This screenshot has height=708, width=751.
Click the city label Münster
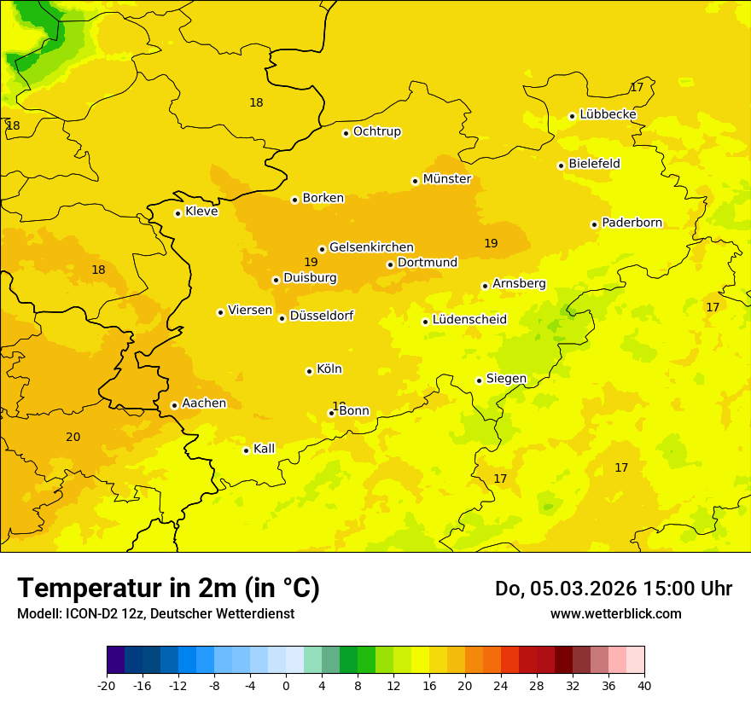pyautogui.click(x=447, y=179)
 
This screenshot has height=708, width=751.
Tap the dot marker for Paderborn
pyautogui.click(x=594, y=224)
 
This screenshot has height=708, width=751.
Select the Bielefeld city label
pyautogui.click(x=594, y=164)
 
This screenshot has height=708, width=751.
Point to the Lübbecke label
pyautogui.click(x=608, y=114)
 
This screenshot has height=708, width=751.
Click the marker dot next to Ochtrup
pyautogui.click(x=346, y=133)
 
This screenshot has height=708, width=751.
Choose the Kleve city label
pyautogui.click(x=201, y=212)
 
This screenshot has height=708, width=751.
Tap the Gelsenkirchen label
pyautogui.click(x=371, y=247)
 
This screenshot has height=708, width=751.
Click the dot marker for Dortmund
pyautogui.click(x=390, y=264)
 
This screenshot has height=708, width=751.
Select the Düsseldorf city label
pyautogui.click(x=322, y=316)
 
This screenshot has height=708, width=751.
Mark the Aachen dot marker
pyautogui.click(x=174, y=406)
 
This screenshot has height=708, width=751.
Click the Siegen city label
pyautogui.click(x=506, y=379)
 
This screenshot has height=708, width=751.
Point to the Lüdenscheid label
pyautogui.click(x=469, y=320)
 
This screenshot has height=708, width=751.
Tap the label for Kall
pyautogui.click(x=265, y=449)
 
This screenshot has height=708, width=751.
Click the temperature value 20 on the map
pyautogui.click(x=73, y=438)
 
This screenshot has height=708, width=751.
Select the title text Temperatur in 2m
pyautogui.click(x=168, y=589)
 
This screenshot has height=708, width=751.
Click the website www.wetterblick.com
pyautogui.click(x=615, y=614)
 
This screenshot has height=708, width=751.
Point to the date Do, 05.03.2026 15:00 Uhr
pyautogui.click(x=613, y=589)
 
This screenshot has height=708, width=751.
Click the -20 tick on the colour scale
pyautogui.click(x=107, y=685)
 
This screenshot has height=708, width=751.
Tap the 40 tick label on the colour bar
pyautogui.click(x=643, y=685)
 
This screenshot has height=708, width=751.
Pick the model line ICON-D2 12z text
pyautogui.click(x=155, y=614)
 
